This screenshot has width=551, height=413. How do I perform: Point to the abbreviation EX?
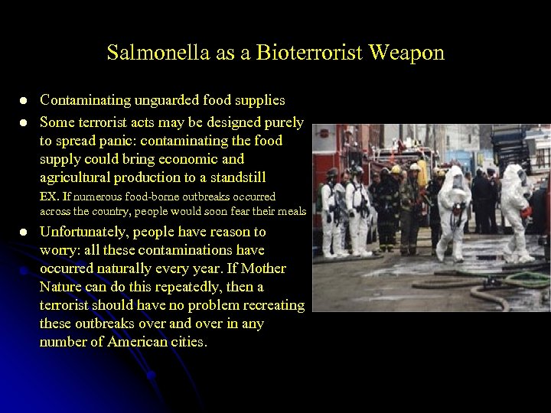pos(49,197)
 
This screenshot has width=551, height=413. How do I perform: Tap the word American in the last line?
pos(169,342)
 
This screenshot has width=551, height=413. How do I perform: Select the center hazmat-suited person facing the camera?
pos(455,206)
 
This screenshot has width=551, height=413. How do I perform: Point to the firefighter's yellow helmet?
pos(414,167)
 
